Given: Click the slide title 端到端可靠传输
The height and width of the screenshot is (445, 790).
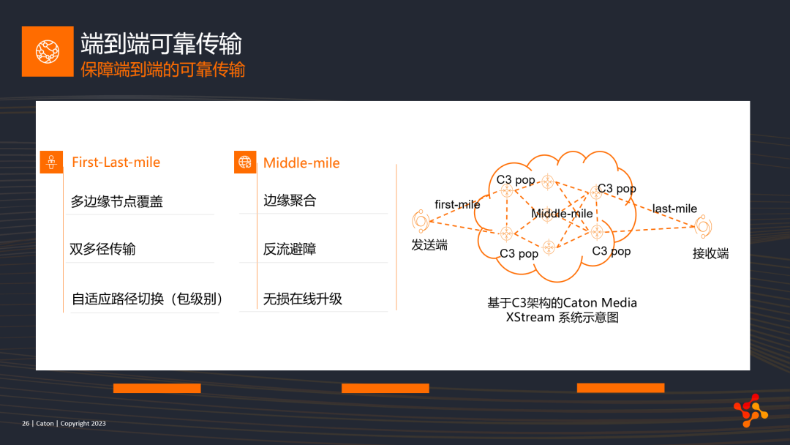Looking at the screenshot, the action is pyautogui.click(x=161, y=43).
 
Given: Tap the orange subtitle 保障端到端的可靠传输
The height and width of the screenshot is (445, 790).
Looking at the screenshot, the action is pyautogui.click(x=162, y=70).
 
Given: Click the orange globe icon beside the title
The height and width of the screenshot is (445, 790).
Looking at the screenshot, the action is pyautogui.click(x=48, y=51).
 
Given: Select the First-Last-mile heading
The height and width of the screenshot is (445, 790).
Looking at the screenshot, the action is pyautogui.click(x=116, y=162).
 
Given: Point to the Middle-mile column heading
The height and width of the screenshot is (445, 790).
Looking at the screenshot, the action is pyautogui.click(x=301, y=162).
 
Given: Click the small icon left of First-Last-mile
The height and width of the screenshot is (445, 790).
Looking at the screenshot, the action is pyautogui.click(x=51, y=162).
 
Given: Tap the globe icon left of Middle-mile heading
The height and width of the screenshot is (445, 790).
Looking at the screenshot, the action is pyautogui.click(x=245, y=162).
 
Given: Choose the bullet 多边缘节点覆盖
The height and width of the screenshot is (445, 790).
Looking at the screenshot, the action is pyautogui.click(x=116, y=201).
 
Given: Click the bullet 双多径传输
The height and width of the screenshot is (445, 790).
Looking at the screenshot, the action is pyautogui.click(x=102, y=249).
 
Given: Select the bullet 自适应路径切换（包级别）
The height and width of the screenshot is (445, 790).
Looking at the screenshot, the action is pyautogui.click(x=147, y=299).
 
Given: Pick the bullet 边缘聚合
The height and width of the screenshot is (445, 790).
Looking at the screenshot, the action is pyautogui.click(x=290, y=201).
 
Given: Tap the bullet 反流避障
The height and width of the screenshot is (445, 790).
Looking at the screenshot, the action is pyautogui.click(x=290, y=249).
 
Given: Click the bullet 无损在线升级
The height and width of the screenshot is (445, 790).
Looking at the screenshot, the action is pyautogui.click(x=302, y=299).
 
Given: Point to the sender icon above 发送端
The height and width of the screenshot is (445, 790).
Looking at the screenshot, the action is pyautogui.click(x=420, y=221).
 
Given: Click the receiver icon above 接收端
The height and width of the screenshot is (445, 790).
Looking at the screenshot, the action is pyautogui.click(x=704, y=226).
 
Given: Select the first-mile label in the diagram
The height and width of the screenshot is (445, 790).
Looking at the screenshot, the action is pyautogui.click(x=457, y=204).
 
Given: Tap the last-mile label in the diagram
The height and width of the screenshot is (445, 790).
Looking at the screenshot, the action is pyautogui.click(x=674, y=209).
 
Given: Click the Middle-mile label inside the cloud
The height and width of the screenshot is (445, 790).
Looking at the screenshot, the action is pyautogui.click(x=562, y=214).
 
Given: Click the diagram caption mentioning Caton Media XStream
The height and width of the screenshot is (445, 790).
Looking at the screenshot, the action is pyautogui.click(x=563, y=310).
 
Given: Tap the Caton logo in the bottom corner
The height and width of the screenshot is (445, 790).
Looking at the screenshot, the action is pyautogui.click(x=750, y=410).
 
